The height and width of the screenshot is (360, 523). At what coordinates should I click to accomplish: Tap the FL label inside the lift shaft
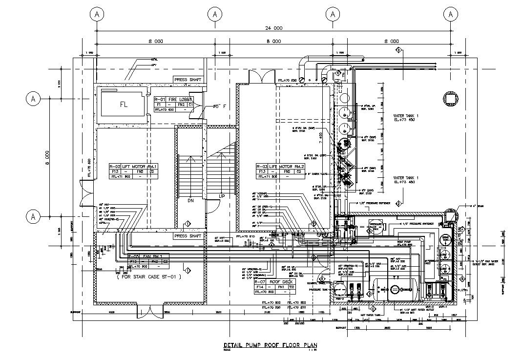(x=124, y=105)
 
